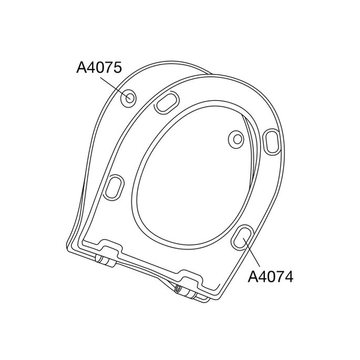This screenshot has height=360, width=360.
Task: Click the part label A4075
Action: pos(99,68)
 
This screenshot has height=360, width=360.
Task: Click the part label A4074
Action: pos(270,276)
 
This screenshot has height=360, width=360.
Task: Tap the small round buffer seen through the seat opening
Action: pos(238,139)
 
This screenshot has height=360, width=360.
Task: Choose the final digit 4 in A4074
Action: pos(287,276)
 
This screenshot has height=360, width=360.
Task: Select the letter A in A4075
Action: pos(82,68)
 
